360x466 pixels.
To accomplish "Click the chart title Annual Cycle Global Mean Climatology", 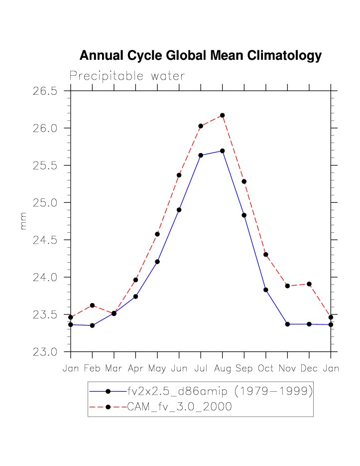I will [200, 56].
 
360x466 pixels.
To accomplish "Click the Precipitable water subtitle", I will [127, 76].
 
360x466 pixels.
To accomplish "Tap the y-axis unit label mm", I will [23, 221].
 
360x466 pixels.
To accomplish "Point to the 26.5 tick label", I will [45, 91].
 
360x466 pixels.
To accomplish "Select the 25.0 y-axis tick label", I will [45, 203].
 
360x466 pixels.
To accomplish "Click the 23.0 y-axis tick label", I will [45, 352].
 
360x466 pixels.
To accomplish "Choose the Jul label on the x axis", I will [200, 369].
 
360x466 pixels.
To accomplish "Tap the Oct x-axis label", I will [265, 369].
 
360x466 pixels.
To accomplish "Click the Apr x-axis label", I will [135, 369].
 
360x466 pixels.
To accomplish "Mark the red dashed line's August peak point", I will [223, 115].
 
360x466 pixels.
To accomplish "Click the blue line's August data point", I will [222, 151].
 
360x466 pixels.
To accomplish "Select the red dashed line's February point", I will [92, 305].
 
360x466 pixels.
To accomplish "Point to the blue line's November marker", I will [287, 324].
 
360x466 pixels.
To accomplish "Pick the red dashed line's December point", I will [309, 284].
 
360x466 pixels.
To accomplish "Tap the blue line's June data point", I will [179, 210].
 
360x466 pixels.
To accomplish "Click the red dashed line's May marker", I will [157, 234].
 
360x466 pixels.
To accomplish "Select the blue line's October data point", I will [266, 290].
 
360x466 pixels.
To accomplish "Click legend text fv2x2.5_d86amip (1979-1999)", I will [220, 392].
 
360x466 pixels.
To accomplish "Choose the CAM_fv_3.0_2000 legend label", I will [179, 407].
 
